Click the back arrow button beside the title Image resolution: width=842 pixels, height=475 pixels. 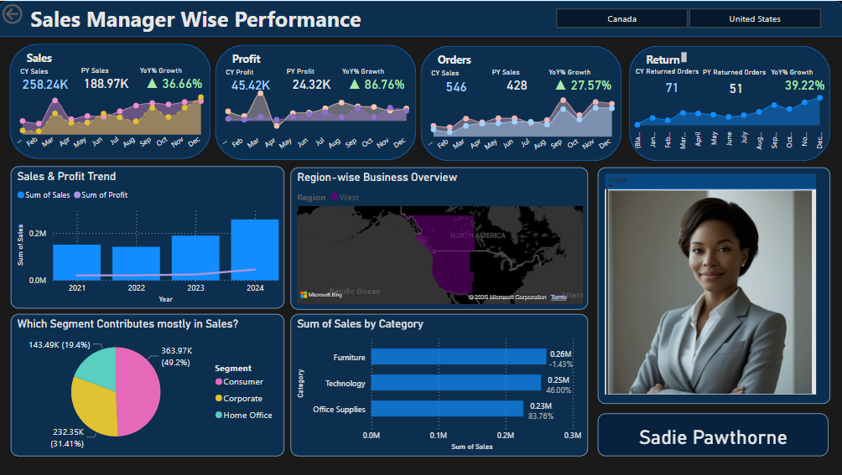coord(12,16)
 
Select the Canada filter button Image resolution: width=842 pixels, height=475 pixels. coord(621,18)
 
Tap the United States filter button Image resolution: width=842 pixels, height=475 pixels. coord(754,18)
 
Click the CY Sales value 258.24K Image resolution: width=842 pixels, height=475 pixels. coord(45,85)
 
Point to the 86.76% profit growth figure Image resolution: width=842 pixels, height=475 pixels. coord(377,85)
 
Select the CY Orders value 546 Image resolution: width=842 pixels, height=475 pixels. coord(456,86)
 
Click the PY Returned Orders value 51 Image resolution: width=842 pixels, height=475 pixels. coord(735,88)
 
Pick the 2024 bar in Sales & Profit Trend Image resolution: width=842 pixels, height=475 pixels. coord(254,250)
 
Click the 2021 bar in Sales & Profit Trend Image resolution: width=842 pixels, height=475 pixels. coord(76,262)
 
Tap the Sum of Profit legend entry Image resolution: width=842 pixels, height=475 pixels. coord(104,195)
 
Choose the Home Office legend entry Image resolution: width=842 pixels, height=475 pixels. coord(247,415)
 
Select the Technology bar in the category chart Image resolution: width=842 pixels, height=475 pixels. coord(456,383)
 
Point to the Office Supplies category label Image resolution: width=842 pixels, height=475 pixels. coord(339,409)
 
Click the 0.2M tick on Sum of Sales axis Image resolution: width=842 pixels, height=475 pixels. coord(505,436)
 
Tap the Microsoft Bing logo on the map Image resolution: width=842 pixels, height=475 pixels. coord(320,295)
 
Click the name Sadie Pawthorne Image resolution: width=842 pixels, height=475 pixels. coord(713,437)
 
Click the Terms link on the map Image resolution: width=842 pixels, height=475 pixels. coord(558,297)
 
